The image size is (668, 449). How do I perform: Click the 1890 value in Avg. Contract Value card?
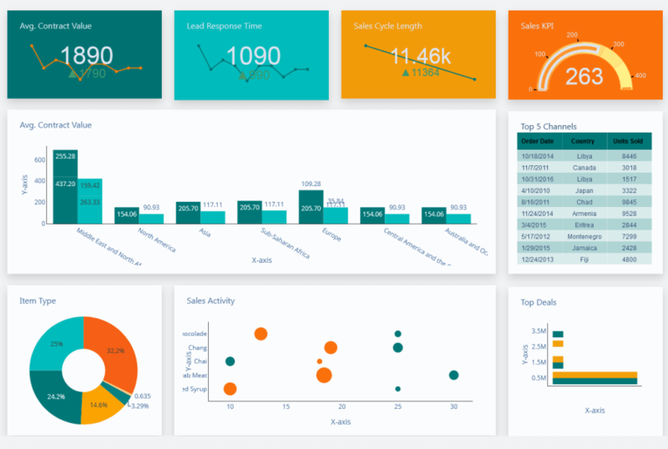point(86,56)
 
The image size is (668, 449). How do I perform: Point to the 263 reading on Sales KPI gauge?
point(584,77)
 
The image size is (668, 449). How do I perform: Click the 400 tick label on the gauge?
point(640,76)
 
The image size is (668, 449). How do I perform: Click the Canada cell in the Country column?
point(584,168)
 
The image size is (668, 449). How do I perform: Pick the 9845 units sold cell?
point(629,202)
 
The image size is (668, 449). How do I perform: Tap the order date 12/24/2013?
point(538,260)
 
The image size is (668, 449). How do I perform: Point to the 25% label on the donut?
point(56,344)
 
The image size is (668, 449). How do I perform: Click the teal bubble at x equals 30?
point(453,375)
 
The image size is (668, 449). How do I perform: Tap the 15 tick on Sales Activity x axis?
point(286,406)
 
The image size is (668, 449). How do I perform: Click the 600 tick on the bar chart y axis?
point(40,159)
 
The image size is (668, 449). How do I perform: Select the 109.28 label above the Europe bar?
point(311,184)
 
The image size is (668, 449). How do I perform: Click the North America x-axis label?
point(157,240)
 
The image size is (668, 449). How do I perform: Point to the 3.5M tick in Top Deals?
point(538,332)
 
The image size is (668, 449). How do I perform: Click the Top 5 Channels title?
point(549,127)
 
